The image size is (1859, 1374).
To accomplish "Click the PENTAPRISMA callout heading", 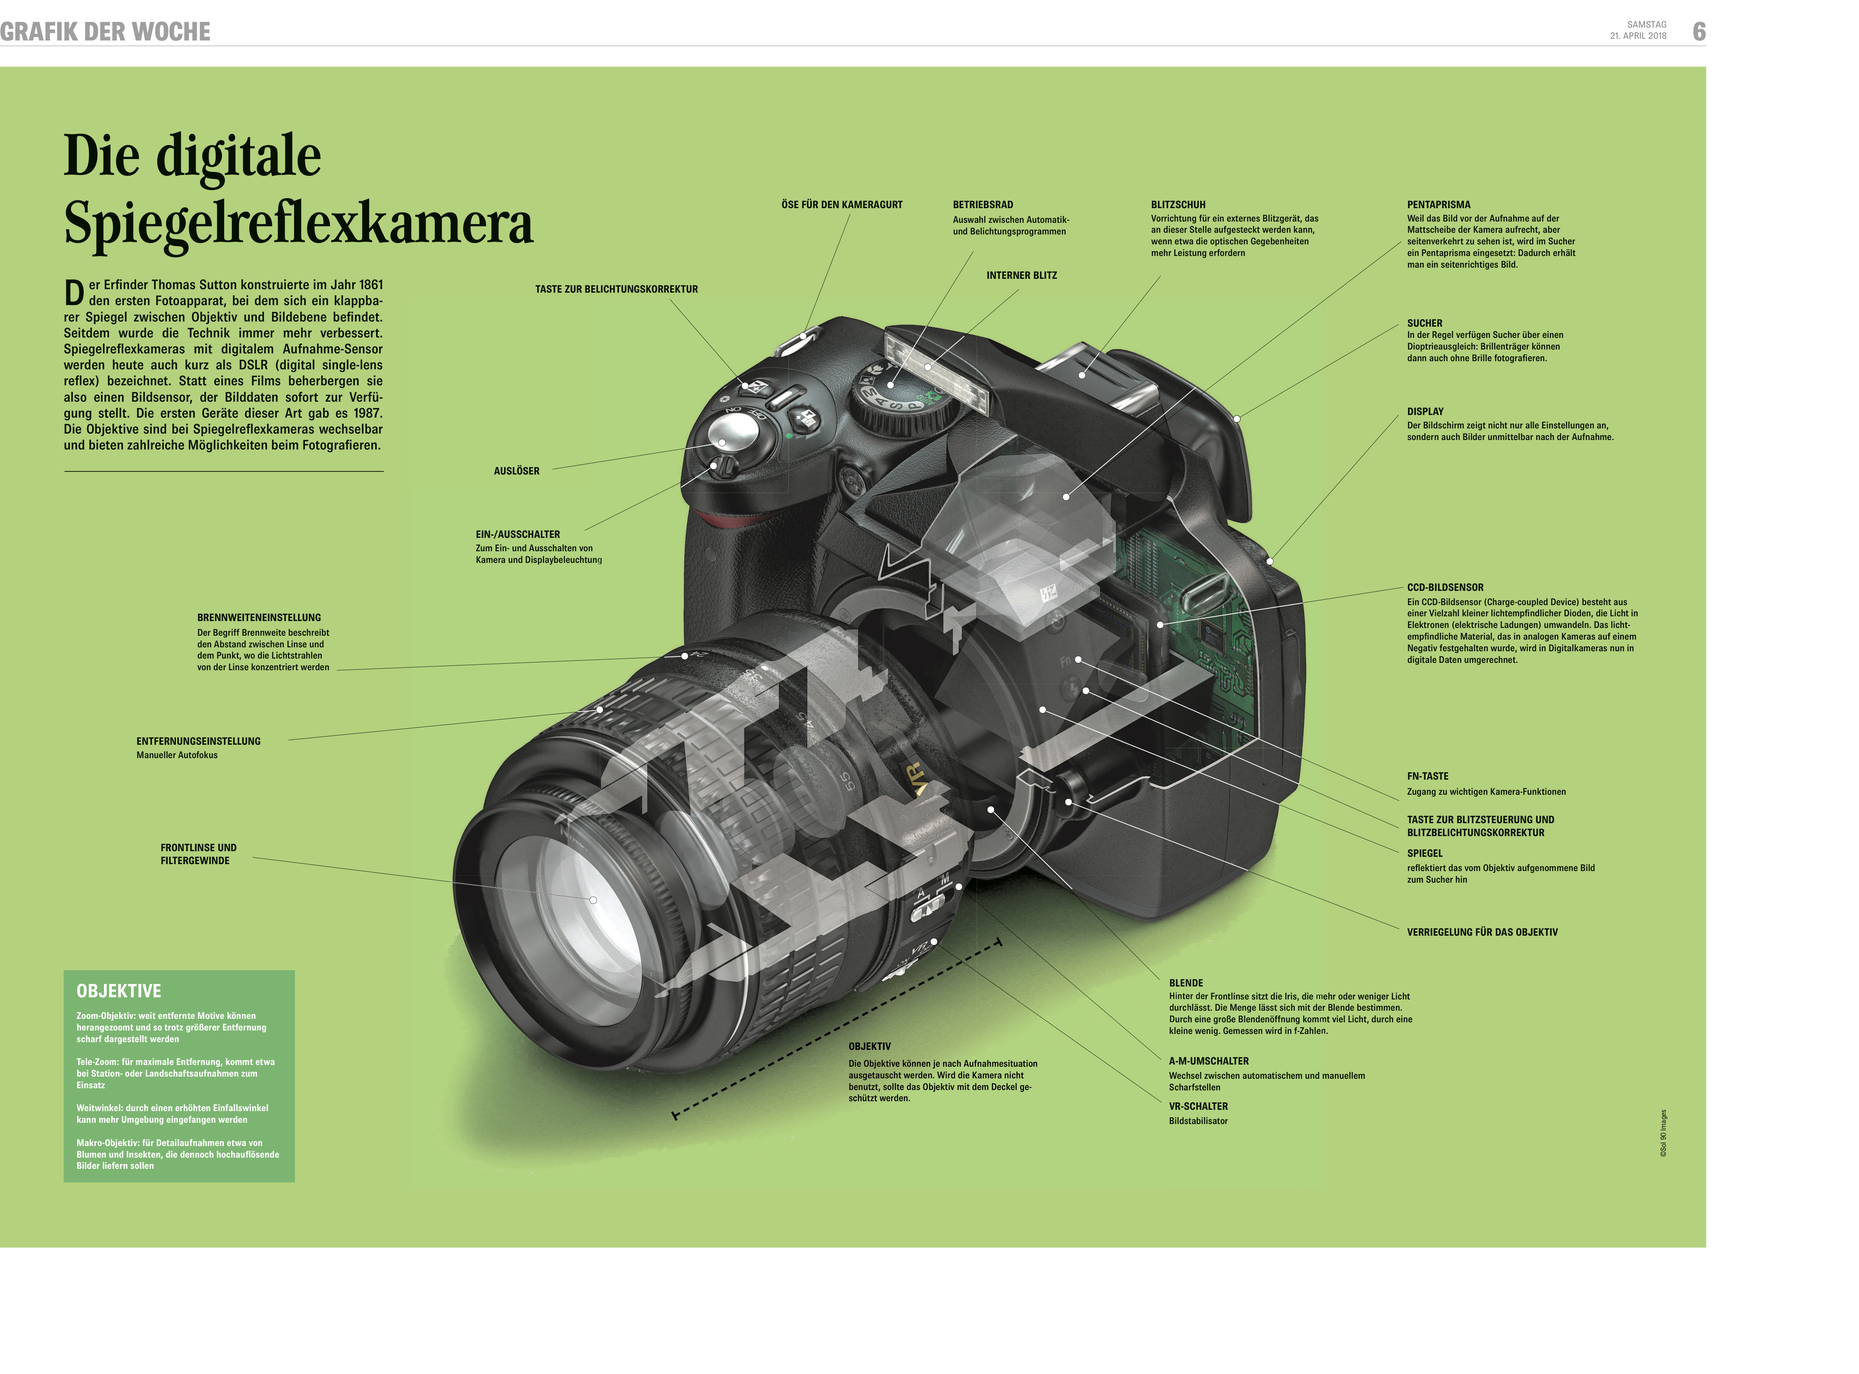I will (x=1438, y=205).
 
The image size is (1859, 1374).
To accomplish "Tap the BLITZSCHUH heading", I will (x=1178, y=205).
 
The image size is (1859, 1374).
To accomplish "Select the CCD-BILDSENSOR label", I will (x=1445, y=587).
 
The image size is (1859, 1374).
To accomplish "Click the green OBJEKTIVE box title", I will (x=119, y=990).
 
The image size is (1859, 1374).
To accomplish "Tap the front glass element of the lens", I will (x=583, y=902).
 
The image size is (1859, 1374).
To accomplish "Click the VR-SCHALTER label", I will (x=1198, y=1106).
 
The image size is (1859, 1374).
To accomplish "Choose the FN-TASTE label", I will (x=1427, y=776).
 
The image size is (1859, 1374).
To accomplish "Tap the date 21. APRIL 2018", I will (x=1638, y=36).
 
